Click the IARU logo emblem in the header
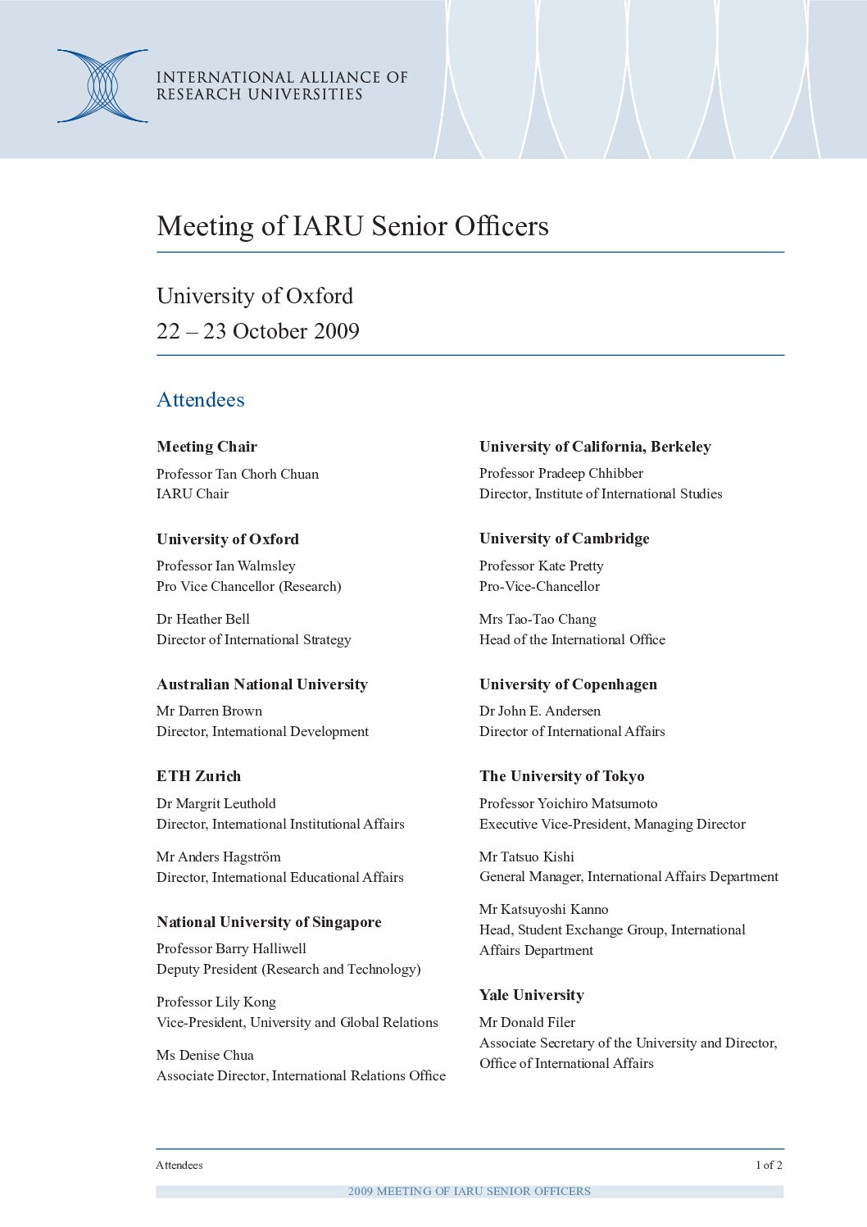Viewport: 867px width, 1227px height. coord(102,86)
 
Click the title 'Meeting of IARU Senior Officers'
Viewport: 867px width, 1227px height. coord(352,226)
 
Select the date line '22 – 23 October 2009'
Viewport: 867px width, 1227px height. coord(258,331)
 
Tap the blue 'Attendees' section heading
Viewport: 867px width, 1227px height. coord(201,400)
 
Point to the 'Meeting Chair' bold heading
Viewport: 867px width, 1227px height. coord(207,447)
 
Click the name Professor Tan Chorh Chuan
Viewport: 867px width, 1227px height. coord(238,474)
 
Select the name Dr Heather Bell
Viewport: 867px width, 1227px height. coord(203,620)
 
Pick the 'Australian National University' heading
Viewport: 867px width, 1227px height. coord(262,684)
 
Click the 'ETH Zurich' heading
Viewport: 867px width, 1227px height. coord(199,776)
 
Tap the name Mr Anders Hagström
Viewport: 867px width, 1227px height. coord(219,857)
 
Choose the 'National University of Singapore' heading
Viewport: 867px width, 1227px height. coord(269,922)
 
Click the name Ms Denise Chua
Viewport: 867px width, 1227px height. coord(205,1056)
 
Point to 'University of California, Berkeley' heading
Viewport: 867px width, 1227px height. coord(595,447)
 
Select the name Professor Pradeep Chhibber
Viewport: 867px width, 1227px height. coord(561,474)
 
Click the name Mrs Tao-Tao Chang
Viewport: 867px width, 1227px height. coord(538,620)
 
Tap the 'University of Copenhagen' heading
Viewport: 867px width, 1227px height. coord(568,684)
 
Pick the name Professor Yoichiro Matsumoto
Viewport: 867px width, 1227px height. coord(569,804)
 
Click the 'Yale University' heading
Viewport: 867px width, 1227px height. coord(532,995)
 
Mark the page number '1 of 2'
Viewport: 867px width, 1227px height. coord(769,1165)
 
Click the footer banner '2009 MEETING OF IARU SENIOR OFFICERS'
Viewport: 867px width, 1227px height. coord(470,1191)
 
